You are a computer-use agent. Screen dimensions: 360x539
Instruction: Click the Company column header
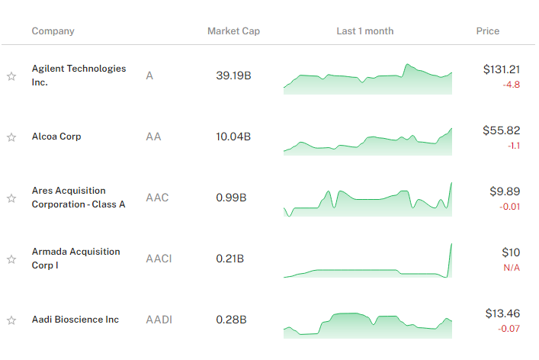[x=53, y=31]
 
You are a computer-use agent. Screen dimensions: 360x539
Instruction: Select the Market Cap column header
[x=233, y=31]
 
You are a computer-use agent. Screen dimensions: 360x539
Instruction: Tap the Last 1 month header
[x=365, y=31]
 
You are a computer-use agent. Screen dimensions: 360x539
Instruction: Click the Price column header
[x=487, y=31]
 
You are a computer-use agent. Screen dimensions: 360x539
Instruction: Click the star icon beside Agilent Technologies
[x=11, y=76]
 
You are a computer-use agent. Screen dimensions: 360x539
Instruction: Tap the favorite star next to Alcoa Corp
[x=11, y=137]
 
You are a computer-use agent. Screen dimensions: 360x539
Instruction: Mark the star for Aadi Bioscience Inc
[x=11, y=320]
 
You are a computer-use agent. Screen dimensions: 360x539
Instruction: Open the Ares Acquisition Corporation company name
[x=78, y=198]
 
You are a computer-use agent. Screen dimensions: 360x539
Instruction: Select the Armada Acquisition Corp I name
[x=75, y=259]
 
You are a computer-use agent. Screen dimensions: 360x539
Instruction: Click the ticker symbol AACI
[x=159, y=259]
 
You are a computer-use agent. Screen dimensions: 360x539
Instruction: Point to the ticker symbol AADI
[x=159, y=320]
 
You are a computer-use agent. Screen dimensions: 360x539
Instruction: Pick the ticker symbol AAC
[x=157, y=198]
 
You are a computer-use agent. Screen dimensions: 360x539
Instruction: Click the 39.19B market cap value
[x=233, y=76]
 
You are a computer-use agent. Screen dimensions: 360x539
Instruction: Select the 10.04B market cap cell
[x=233, y=137]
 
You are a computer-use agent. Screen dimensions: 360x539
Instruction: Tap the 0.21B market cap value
[x=229, y=259]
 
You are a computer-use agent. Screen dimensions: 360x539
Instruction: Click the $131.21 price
[x=501, y=69]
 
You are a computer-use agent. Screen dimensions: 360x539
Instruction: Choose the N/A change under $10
[x=511, y=268]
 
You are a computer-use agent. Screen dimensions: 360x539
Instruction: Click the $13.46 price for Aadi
[x=502, y=313]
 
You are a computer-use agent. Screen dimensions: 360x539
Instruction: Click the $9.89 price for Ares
[x=505, y=191]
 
